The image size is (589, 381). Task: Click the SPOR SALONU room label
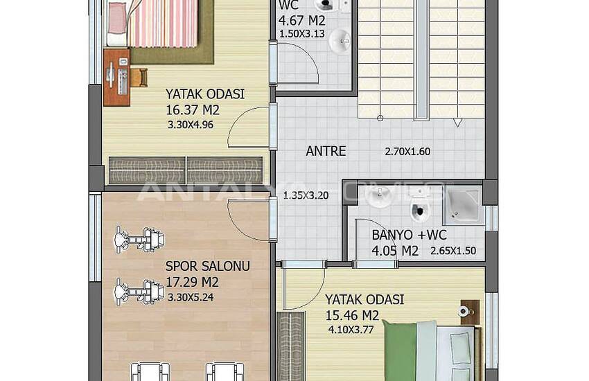tap(208, 266)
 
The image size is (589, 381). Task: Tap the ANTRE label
tap(326, 151)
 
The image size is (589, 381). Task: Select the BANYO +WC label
tap(409, 235)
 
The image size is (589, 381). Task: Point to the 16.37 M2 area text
tap(193, 110)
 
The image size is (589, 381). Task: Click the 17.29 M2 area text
tap(192, 282)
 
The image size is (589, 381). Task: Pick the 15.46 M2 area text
tap(352, 315)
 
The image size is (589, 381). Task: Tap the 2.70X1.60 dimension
tap(407, 152)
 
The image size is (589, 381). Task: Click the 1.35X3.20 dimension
tap(306, 195)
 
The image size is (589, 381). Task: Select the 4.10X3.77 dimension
tap(351, 330)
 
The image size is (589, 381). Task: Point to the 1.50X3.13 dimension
tap(302, 34)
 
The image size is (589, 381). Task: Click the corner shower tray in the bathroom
tap(462, 205)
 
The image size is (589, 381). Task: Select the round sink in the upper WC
tap(340, 41)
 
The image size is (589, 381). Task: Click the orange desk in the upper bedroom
tap(117, 77)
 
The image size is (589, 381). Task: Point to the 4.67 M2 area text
tap(301, 20)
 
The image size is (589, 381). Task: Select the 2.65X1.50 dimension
tap(453, 251)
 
